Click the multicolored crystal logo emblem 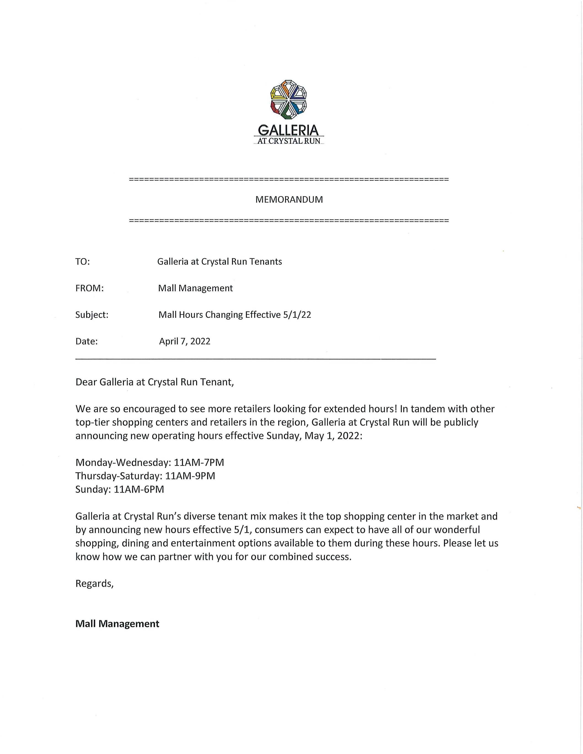(288, 99)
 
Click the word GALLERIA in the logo (288, 130)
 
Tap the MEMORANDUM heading (289, 199)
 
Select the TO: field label (83, 262)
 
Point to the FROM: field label (89, 288)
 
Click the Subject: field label (92, 315)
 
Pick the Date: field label (86, 341)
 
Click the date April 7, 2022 (185, 341)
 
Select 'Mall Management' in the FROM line (195, 288)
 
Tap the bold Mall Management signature (118, 624)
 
